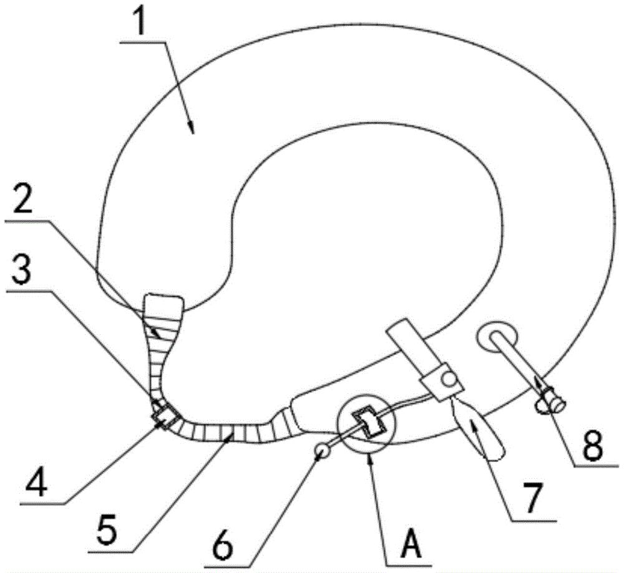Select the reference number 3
[22, 271]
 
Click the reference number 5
[107, 529]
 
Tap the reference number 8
[592, 446]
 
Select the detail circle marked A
[366, 424]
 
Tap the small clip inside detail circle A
[369, 422]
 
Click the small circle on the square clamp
[449, 379]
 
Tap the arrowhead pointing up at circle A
[369, 461]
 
